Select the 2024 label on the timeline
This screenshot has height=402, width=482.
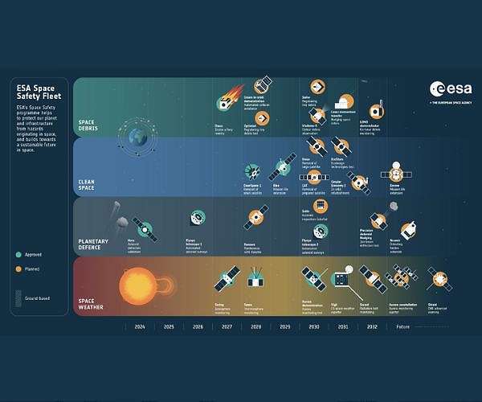140,327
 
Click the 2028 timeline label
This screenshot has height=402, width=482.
255,327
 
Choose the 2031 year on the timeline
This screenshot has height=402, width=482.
343,327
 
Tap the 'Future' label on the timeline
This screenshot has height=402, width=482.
402,327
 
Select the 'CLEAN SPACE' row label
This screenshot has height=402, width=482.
87,184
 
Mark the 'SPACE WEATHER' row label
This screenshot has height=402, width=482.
92,303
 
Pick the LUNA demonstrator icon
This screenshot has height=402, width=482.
375,111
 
